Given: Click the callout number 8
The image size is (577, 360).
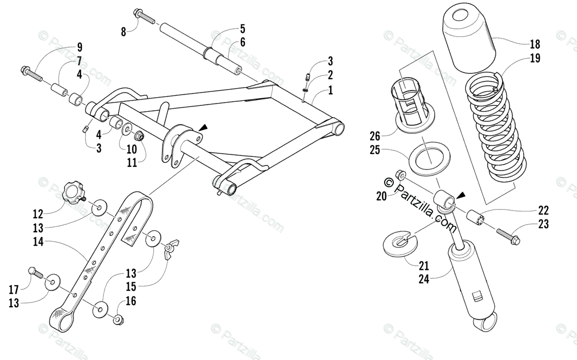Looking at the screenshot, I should pyautogui.click(x=124, y=33).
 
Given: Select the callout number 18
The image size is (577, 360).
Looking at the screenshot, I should pyautogui.click(x=535, y=45).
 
